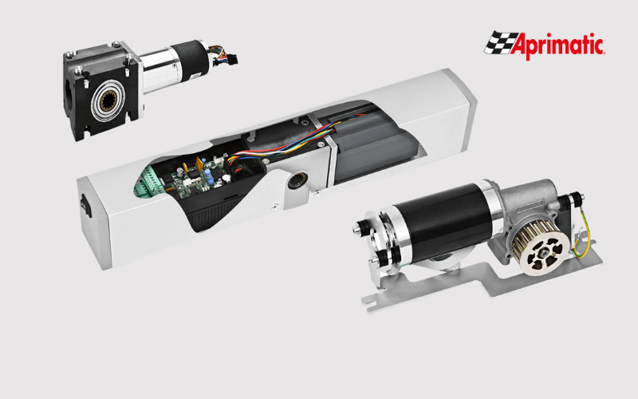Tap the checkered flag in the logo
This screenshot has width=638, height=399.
[500, 42]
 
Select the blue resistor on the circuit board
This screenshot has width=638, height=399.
[209, 176]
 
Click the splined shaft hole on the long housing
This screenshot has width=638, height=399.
[297, 180]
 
